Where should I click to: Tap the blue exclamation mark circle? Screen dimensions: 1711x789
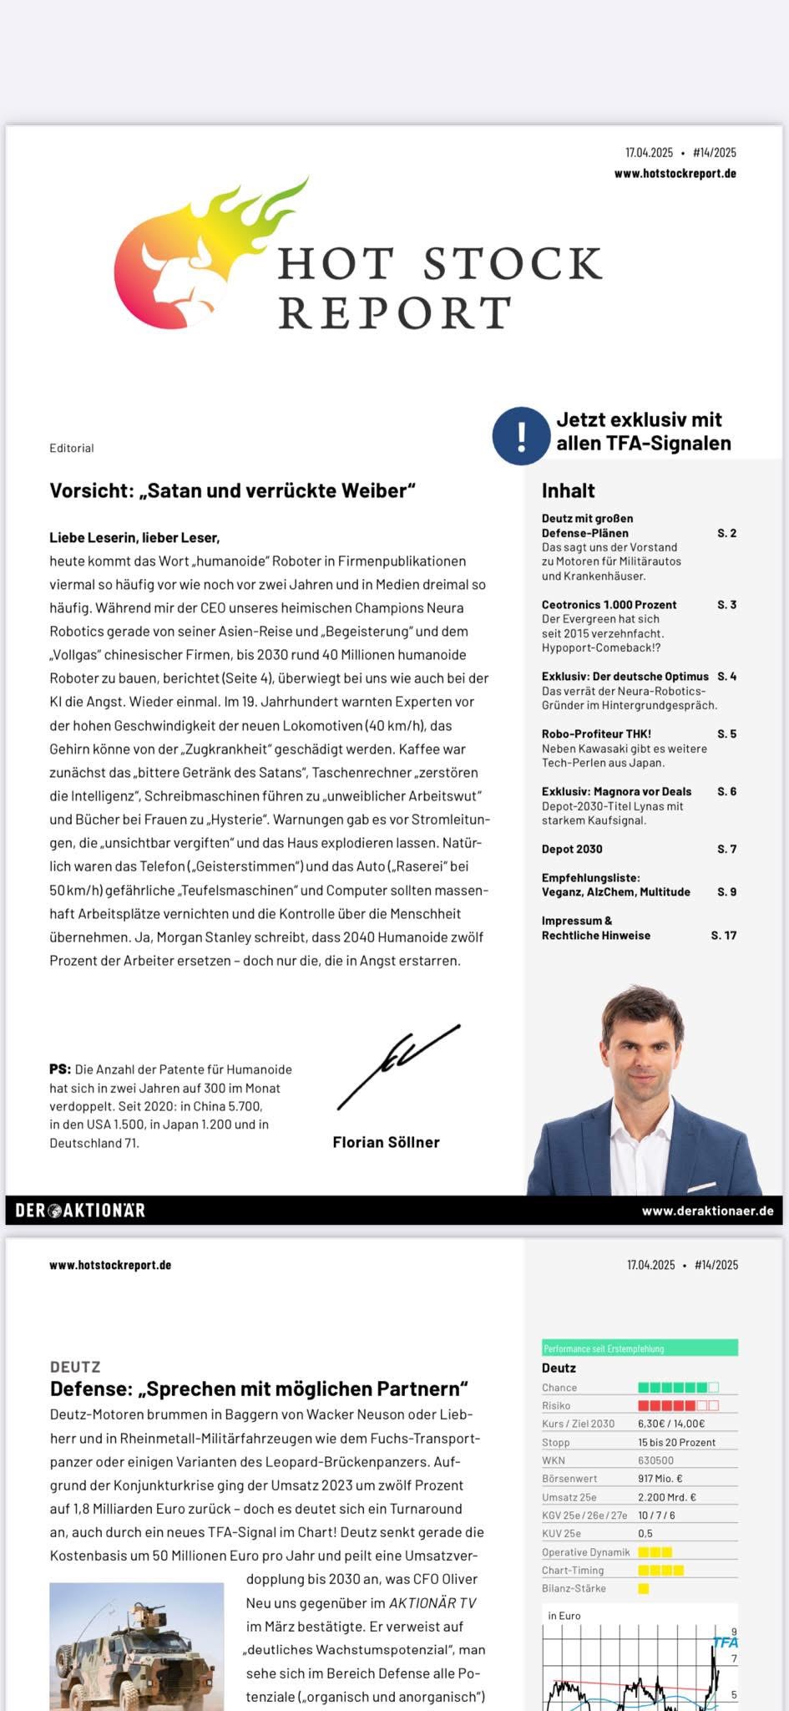coord(521,435)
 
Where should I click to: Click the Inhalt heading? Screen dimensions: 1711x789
coord(568,490)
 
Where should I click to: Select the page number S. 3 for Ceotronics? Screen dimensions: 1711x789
coord(726,605)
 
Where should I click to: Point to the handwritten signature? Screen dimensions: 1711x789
coord(397,1067)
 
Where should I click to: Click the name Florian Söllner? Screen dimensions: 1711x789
coord(386,1142)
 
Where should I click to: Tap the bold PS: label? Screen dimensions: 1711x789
coord(60,1069)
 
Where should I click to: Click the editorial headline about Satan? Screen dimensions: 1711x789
coord(232,490)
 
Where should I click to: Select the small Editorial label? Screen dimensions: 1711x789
coord(72,448)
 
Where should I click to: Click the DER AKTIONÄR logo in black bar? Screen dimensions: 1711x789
coord(80,1210)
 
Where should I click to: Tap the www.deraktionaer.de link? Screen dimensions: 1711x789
coord(707,1211)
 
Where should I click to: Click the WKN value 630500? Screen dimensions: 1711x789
coord(655,1460)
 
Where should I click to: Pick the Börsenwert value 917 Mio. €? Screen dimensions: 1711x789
coord(660,1479)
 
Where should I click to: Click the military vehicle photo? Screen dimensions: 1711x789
coord(136,1646)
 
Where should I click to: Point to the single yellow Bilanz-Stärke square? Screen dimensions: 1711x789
coord(643,1588)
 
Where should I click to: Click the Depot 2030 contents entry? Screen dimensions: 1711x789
coord(572,849)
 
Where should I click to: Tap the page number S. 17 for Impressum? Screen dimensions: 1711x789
coord(723,936)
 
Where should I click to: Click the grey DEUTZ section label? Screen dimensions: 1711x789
coord(75,1367)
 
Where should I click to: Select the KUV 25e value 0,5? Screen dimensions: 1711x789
coord(645,1534)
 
